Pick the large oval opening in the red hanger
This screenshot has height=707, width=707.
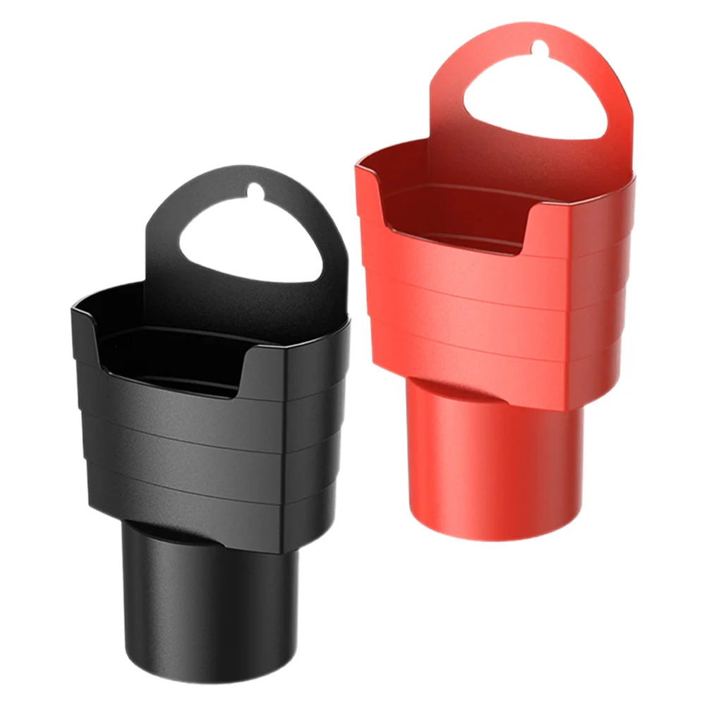535,99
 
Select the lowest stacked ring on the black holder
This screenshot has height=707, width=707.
212,494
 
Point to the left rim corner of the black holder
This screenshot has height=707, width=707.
75,305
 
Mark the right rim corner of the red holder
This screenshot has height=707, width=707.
632,176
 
